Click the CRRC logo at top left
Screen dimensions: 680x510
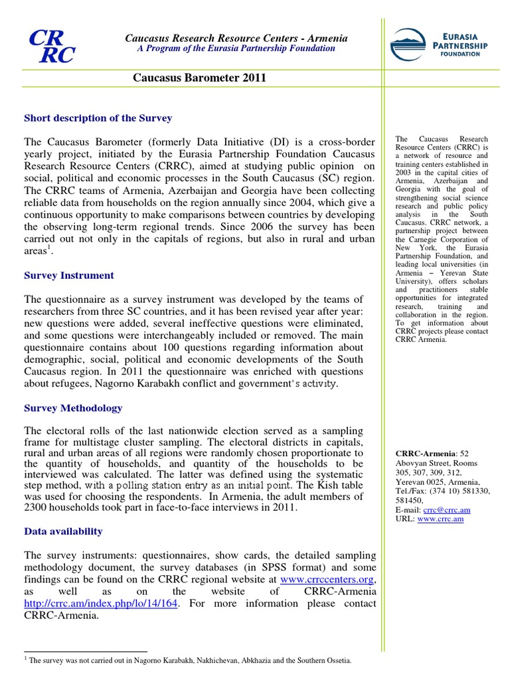coord(51,46)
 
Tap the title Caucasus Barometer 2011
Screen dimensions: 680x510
coord(199,78)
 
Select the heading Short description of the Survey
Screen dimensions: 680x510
coord(98,118)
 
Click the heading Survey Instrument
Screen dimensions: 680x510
coord(68,276)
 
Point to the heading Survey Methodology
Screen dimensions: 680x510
coord(73,408)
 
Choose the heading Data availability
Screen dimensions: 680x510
coord(63,531)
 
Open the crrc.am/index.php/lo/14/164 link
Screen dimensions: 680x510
coord(101,603)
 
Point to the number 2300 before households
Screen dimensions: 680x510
coord(36,508)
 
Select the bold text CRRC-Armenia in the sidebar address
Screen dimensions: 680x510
coord(422,454)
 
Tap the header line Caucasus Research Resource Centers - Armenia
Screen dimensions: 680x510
coord(236,39)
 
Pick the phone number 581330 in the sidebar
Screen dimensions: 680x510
coord(473,491)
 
